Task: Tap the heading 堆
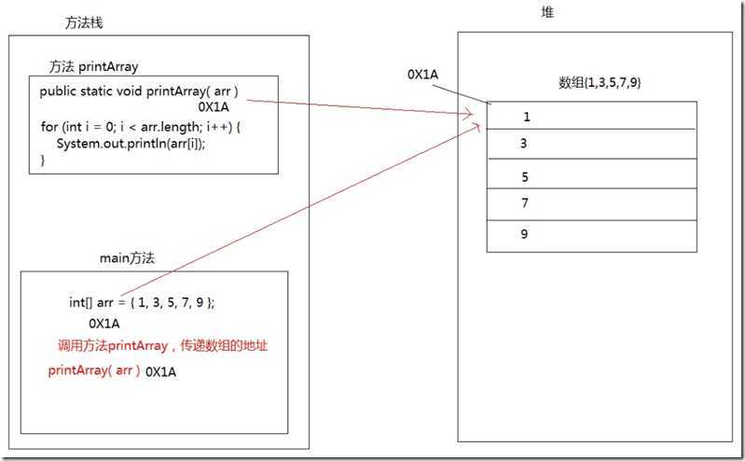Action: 547,12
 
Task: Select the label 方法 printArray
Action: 94,66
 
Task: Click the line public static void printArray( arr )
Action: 145,91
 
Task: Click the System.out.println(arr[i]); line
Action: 131,143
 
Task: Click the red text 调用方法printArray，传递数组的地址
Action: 163,346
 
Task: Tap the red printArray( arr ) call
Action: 94,370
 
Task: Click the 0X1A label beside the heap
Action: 423,73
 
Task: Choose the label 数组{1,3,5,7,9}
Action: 599,83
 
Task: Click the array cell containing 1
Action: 591,116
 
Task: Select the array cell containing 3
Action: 591,144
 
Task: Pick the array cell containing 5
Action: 591,175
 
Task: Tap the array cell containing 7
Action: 591,203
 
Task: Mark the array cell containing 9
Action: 591,234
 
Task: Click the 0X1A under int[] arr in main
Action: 103,324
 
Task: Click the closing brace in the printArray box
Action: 43,160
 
